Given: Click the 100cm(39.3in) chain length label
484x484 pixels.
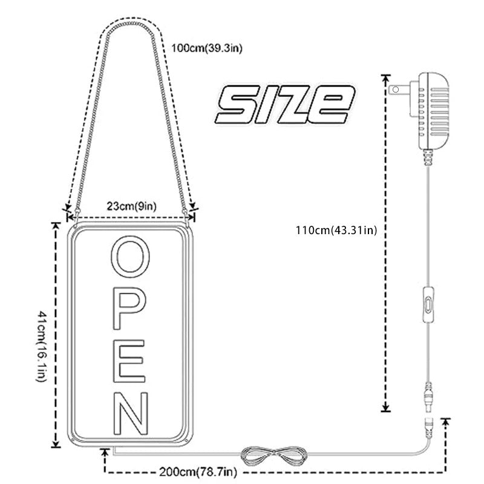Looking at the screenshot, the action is (x=207, y=48).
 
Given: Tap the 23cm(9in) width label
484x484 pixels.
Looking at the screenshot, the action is (x=132, y=206).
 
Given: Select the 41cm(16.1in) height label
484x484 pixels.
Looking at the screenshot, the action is (x=42, y=346).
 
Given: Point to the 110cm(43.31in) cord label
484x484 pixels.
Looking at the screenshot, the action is (x=336, y=231).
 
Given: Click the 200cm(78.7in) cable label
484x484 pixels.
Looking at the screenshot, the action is (x=198, y=472).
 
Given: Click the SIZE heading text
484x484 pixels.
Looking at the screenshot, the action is (x=285, y=104).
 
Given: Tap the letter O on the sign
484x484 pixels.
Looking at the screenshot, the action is (x=130, y=257).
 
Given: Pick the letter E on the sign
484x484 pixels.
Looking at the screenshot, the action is (x=129, y=361).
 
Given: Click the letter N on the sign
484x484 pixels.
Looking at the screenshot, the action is (x=131, y=413).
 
